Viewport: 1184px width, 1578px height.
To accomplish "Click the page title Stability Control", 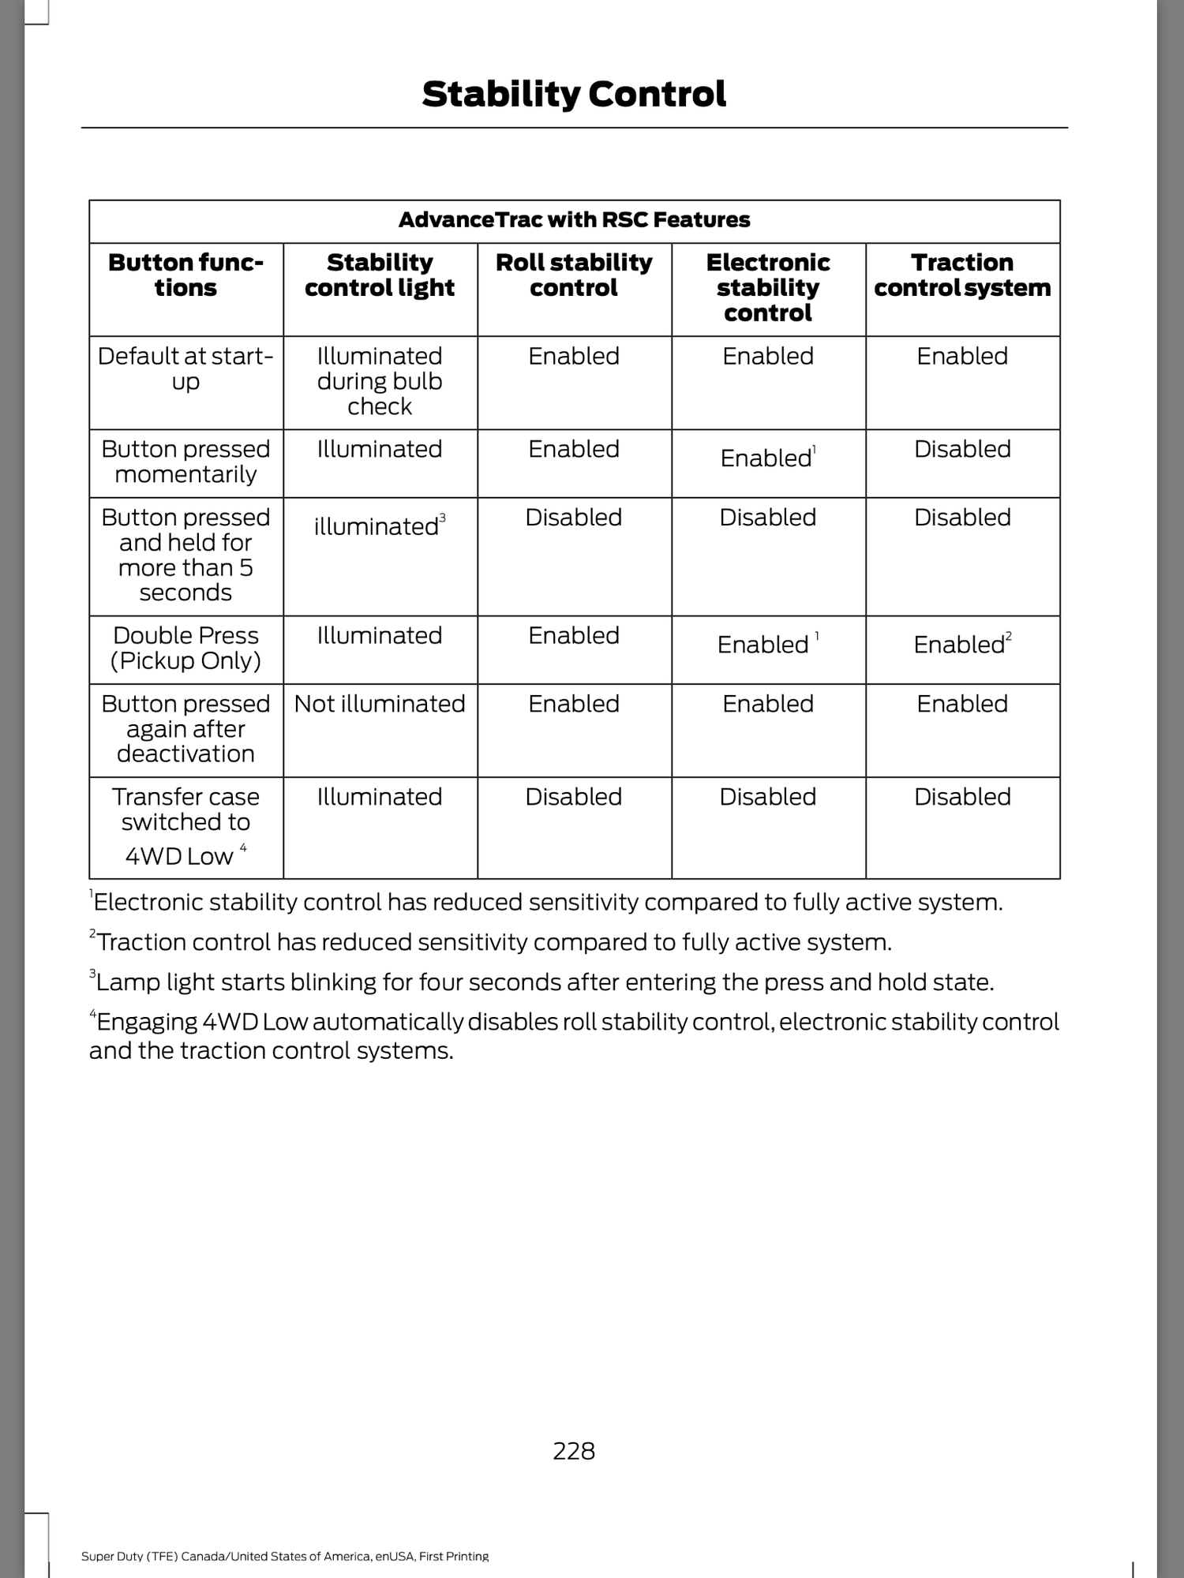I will pos(574,95).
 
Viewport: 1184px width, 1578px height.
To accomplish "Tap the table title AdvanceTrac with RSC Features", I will pos(574,220).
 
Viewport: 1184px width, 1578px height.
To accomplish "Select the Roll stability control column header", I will pos(574,275).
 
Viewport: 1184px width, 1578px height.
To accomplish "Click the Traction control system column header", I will pos(962,275).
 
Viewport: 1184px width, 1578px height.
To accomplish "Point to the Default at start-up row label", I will pos(185,368).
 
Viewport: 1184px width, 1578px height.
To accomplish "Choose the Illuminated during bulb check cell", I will pos(380,381).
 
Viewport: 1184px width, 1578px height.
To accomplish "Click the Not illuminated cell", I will pos(380,704).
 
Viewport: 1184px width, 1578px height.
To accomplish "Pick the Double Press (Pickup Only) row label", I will pos(185,648).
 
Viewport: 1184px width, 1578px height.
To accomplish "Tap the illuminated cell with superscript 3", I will pos(380,526).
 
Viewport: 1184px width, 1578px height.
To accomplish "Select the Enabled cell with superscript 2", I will pos(962,645).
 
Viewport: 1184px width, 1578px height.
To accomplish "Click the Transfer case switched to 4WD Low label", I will pos(185,826).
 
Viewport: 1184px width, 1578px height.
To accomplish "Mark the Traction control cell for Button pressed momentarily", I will pos(962,450).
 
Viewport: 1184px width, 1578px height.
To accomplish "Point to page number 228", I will pos(574,1451).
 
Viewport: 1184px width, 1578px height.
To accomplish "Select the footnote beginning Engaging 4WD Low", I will pos(574,1036).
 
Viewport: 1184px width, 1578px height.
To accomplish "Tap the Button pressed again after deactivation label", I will pos(185,729).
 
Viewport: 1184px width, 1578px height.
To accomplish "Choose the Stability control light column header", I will pos(380,275).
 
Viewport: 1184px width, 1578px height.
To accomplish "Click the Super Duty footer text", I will pos(285,1557).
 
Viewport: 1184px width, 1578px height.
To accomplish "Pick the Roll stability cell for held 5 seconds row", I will pos(574,518).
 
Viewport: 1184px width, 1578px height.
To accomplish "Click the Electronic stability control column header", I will pos(768,288).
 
